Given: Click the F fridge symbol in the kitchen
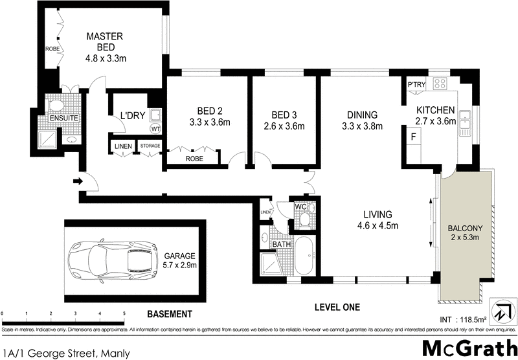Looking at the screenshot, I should tap(412, 137).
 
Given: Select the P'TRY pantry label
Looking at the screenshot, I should tap(416, 84).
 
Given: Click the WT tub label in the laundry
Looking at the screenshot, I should tap(155, 128).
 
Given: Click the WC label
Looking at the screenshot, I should tap(300, 207).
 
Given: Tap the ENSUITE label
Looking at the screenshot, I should tap(65, 118).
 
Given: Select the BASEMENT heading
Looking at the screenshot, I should tap(169, 315).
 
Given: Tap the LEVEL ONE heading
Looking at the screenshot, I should tap(337, 307).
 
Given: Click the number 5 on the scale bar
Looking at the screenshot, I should tap(124, 313).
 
